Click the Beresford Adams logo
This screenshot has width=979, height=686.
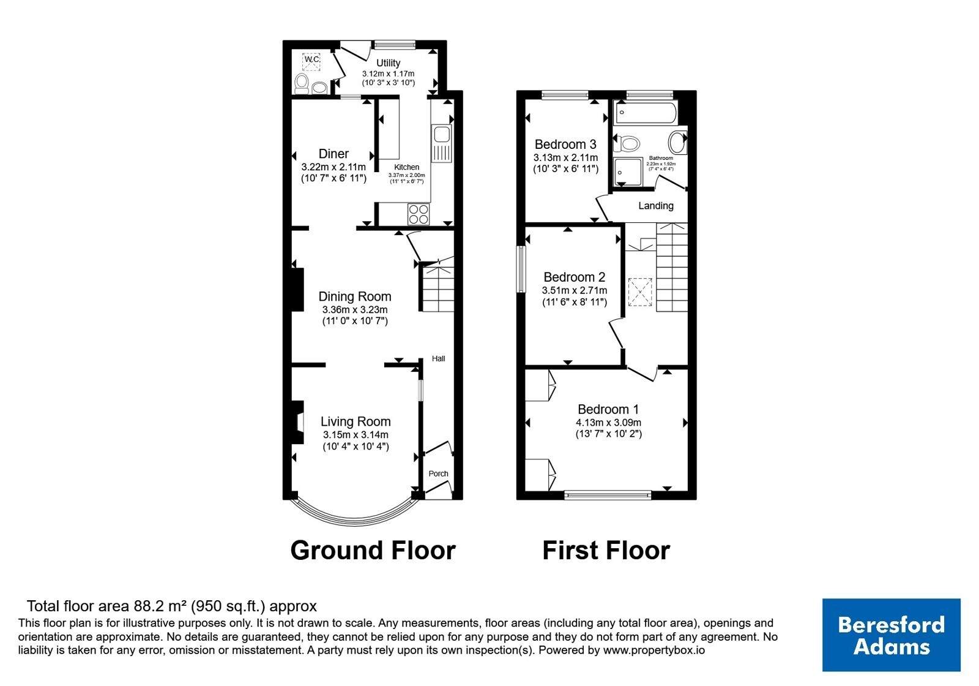891,635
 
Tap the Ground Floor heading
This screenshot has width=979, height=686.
373,551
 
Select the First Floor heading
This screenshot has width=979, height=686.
606,551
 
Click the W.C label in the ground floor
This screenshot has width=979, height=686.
311,59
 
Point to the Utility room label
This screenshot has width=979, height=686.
388,63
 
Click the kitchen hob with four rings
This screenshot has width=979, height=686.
419,214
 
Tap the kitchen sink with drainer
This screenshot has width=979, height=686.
441,143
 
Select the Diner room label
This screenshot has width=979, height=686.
333,154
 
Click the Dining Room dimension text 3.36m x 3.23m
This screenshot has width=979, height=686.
355,310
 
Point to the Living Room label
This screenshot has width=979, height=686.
355,421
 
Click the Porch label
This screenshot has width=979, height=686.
438,473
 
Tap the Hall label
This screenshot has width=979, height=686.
438,359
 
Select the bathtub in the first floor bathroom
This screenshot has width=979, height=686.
645,113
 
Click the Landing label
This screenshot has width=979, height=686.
655,206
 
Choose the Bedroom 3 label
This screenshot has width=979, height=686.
565,144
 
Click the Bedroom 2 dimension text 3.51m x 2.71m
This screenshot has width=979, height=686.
575,290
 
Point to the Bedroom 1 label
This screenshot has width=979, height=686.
608,409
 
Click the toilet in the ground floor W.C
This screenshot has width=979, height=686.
301,84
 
